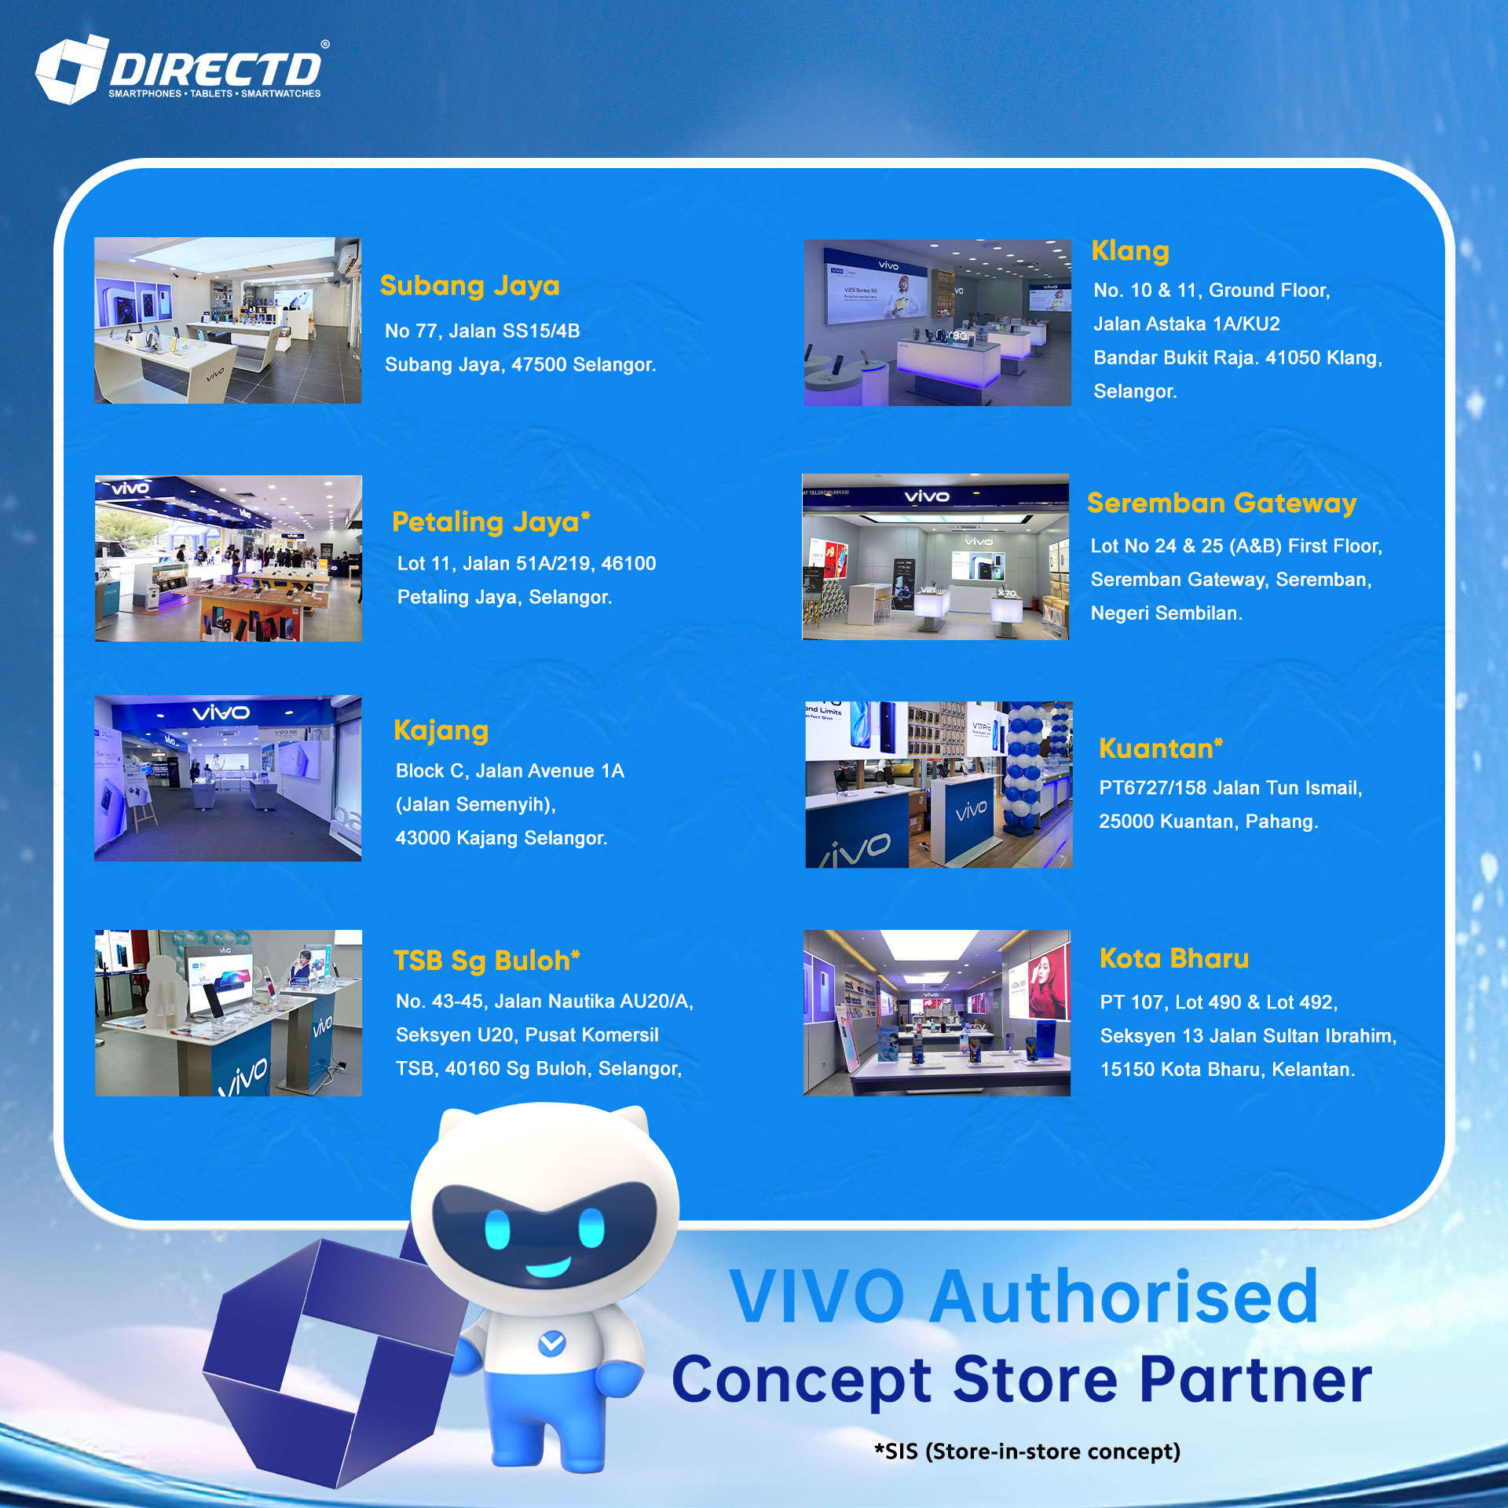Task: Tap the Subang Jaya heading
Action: coord(470,286)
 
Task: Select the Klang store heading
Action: coord(1130,251)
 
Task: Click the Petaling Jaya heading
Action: coord(491,522)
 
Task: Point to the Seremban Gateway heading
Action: coord(1221,503)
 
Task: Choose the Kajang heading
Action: coord(441,730)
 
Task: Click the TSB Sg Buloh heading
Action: coord(486,961)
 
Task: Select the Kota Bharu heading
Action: coord(1173,958)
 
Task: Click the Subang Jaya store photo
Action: coord(228,320)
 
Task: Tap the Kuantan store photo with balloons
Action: coord(939,785)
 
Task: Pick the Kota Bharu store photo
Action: coord(936,1013)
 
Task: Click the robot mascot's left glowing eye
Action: coord(497,1228)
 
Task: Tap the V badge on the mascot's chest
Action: coord(551,1343)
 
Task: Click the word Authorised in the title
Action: coord(1124,1298)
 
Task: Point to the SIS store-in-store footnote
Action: coord(1027,1451)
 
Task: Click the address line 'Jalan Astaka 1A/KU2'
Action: coord(1186,324)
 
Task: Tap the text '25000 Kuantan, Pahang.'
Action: coord(1208,822)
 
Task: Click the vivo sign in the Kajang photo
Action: coord(221,713)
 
